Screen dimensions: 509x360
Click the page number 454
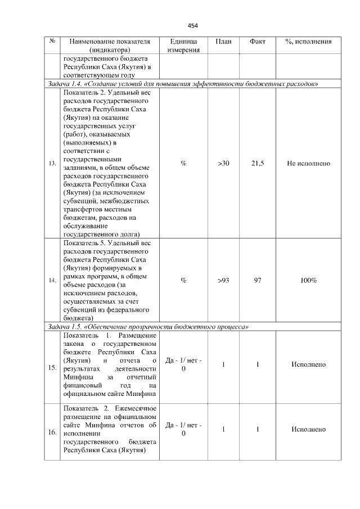pos(193,25)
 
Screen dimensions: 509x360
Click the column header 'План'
pos(223,42)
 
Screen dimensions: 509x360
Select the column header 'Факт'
pos(256,42)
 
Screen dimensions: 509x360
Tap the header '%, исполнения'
pos(308,42)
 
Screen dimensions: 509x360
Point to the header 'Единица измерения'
pos(183,46)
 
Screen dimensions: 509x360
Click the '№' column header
pos(52,42)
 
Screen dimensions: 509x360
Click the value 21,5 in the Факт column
pos(257,163)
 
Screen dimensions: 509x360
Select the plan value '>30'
pos(223,163)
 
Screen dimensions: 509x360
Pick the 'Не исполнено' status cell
pos(308,163)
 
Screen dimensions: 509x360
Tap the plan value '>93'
pos(223,280)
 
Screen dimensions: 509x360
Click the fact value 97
pos(257,280)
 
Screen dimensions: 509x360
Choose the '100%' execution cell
pos(308,280)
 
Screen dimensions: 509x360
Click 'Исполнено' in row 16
pos(308,429)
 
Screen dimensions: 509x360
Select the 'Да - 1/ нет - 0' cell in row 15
pos(183,364)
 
